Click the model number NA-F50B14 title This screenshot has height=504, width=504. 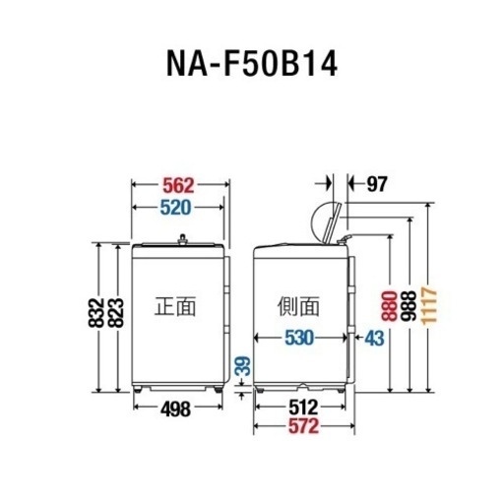click(x=252, y=64)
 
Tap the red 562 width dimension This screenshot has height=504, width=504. click(x=179, y=185)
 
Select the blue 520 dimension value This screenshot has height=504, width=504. click(x=175, y=208)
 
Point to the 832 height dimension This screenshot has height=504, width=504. click(x=95, y=312)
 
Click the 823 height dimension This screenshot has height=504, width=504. click(x=116, y=313)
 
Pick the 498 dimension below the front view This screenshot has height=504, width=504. click(x=175, y=409)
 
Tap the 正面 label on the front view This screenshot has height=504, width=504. click(x=175, y=306)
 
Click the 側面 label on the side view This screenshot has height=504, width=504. click(x=298, y=306)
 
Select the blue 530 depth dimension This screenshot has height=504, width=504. click(x=299, y=338)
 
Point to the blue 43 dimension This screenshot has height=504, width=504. click(x=374, y=338)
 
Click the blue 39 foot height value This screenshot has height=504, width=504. click(x=243, y=366)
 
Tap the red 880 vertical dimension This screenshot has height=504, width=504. click(x=389, y=306)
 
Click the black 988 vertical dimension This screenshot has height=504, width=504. click(x=409, y=306)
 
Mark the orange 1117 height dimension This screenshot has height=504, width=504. click(x=429, y=306)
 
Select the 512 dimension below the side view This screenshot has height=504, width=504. click(x=303, y=408)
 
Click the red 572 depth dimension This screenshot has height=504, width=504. click(x=303, y=426)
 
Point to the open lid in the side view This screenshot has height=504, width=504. click(x=333, y=223)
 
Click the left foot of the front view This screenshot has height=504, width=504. click(x=138, y=389)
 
